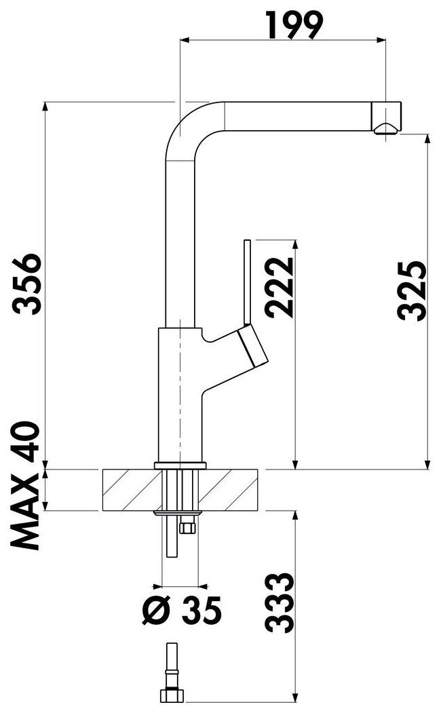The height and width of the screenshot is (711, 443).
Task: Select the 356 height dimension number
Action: point(27,284)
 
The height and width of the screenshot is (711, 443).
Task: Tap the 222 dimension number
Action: point(280,288)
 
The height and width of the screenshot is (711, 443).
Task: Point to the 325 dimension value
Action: point(412,290)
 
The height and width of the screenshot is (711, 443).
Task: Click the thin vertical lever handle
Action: point(247,282)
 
